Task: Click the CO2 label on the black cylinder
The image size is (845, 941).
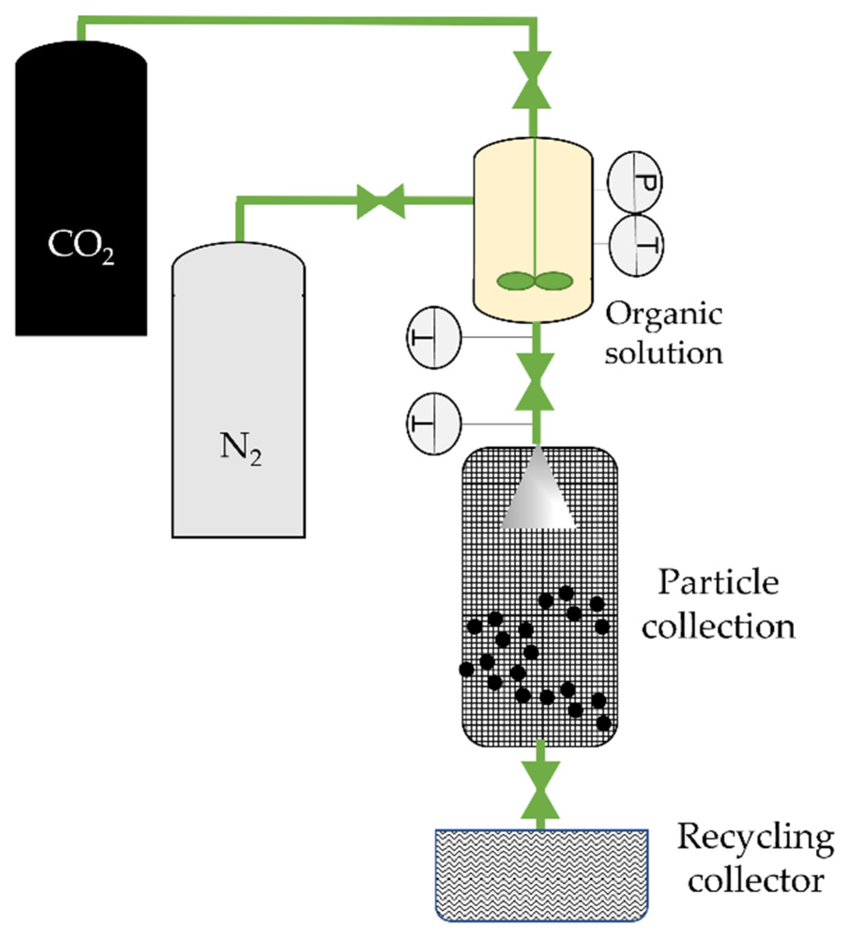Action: (x=81, y=245)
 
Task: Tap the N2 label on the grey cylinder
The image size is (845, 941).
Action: (x=241, y=447)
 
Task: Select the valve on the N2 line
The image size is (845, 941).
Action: (x=381, y=201)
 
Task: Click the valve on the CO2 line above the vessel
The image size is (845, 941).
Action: (x=532, y=80)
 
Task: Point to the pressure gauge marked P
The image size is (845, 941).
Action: (x=634, y=182)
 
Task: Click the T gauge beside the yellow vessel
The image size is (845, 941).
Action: (x=636, y=245)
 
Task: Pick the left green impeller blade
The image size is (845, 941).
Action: (x=515, y=281)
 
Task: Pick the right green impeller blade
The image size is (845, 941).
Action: (x=554, y=281)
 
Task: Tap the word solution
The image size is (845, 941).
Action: (x=663, y=353)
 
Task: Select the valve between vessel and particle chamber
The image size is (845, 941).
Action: (x=534, y=382)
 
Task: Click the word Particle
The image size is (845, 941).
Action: (x=718, y=583)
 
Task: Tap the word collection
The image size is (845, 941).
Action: (x=718, y=627)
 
